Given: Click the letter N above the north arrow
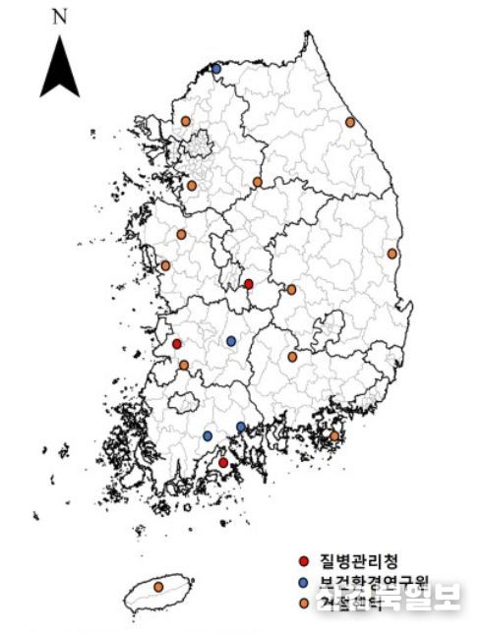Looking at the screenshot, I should [60, 17].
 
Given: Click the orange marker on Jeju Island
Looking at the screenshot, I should [158, 587].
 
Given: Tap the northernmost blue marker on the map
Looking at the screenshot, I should [216, 69].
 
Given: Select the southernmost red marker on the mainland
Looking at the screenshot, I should [223, 462].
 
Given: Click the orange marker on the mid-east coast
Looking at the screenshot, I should [393, 254].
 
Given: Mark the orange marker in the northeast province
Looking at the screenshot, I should [350, 123].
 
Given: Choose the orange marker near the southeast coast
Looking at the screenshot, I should [334, 435].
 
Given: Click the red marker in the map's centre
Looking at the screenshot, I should [249, 284].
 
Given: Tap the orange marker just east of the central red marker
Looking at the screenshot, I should [291, 290].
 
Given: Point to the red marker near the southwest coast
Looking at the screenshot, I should [177, 344].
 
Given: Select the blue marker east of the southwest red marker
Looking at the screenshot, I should [231, 341].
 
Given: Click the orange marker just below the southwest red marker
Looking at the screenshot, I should [184, 365].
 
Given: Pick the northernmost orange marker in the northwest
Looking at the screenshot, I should [185, 121].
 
